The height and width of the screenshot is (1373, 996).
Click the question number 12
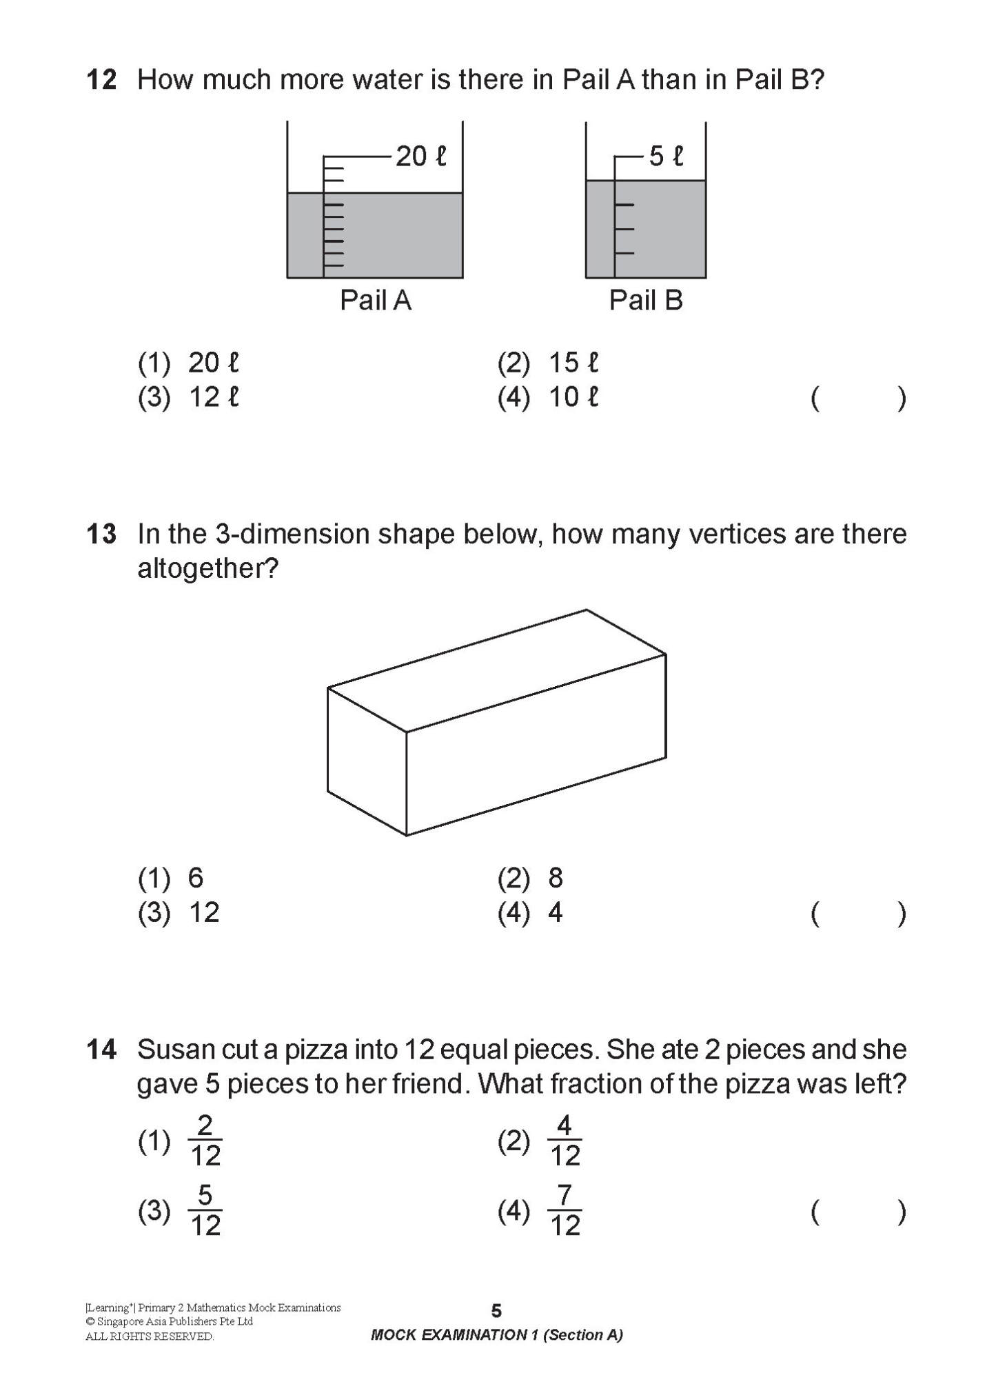(101, 80)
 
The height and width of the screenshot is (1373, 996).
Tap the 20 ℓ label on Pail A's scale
(420, 157)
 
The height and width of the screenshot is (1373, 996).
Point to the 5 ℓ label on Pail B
(666, 157)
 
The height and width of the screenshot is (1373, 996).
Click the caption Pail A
(375, 301)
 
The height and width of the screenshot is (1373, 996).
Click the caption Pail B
(645, 301)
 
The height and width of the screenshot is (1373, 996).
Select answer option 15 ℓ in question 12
(573, 363)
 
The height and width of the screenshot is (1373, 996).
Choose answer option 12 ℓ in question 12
(213, 398)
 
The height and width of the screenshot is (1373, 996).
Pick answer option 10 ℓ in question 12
(573, 398)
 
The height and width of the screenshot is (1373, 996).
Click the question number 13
(101, 534)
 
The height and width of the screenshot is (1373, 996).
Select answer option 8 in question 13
(556, 879)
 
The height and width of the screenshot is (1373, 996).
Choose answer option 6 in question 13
(196, 879)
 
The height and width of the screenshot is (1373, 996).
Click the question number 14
(101, 1050)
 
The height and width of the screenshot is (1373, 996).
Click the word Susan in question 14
(174, 1050)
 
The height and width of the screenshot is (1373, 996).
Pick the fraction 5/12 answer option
(205, 1211)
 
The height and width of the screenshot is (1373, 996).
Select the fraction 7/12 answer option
(565, 1211)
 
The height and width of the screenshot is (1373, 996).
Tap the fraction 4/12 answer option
(565, 1141)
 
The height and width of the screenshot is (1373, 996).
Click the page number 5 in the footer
(496, 1310)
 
